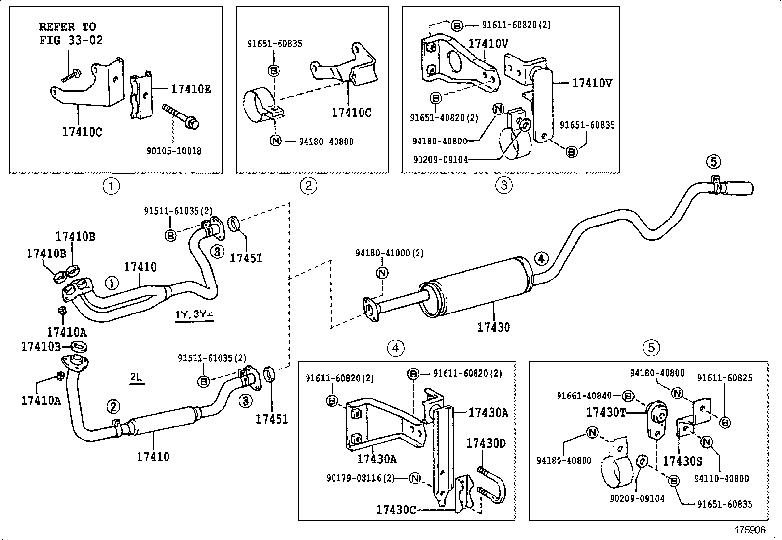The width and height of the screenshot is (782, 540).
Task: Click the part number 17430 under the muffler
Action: [493, 327]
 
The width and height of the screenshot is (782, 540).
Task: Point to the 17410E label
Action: [191, 89]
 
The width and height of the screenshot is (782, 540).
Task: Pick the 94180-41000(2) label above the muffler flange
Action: [389, 253]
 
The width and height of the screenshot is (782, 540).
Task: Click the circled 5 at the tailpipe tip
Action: [713, 161]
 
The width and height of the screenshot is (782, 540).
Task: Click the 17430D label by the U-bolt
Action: [485, 443]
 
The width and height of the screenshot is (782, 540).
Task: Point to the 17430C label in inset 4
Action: [396, 510]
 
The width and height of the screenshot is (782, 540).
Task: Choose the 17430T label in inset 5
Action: [606, 412]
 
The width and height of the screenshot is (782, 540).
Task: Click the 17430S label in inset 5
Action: [682, 461]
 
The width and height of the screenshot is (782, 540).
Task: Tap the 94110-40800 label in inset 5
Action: [722, 478]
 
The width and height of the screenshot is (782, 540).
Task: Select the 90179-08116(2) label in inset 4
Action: [361, 478]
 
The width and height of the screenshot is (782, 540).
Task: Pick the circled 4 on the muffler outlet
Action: [541, 258]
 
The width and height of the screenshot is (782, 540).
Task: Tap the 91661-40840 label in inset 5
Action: [584, 396]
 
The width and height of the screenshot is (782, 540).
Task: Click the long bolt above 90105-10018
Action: [179, 115]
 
